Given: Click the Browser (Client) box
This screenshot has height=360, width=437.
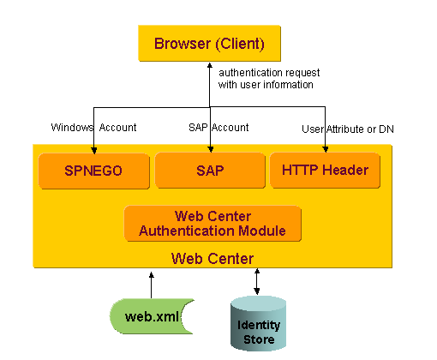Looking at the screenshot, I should (210, 43).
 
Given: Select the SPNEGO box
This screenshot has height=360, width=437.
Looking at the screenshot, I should (93, 170).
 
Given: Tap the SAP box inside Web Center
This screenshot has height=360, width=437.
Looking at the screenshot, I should (209, 170).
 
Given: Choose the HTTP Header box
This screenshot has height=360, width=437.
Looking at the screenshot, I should (325, 170).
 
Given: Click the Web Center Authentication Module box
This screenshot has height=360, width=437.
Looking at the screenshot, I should (213, 223).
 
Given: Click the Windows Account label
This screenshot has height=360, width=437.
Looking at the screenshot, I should (93, 128).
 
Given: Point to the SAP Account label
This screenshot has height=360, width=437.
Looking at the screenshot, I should (218, 128).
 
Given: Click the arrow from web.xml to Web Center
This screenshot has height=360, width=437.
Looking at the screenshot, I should (151, 283).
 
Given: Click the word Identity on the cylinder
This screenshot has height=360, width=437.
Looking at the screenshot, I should (258, 327).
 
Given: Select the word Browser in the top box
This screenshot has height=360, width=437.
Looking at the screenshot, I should (183, 43).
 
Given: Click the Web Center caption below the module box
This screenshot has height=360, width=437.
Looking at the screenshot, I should (213, 257).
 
